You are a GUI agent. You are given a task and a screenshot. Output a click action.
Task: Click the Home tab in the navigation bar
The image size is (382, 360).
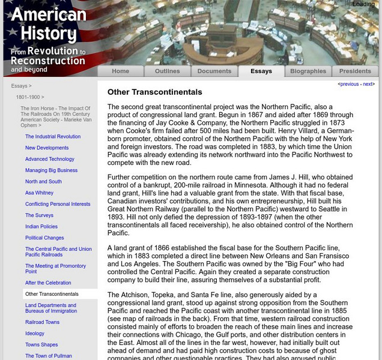point(120,71)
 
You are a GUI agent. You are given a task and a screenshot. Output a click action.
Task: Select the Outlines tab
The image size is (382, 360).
point(167,71)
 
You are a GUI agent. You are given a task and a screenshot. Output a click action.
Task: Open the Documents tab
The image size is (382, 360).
point(214,71)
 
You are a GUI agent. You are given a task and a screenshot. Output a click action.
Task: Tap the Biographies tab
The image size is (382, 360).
point(308,71)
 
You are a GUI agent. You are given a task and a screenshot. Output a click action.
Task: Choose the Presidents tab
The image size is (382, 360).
point(355,71)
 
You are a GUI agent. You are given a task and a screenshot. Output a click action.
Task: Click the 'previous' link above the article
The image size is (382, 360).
point(349,85)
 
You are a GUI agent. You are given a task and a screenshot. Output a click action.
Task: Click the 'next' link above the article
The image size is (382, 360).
point(368,85)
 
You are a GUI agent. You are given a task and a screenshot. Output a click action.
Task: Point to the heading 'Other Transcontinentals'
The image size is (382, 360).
point(154,92)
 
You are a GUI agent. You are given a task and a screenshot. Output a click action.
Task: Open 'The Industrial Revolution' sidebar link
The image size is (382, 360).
point(53,137)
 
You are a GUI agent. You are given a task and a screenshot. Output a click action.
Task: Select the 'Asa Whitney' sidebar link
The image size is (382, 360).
point(39,193)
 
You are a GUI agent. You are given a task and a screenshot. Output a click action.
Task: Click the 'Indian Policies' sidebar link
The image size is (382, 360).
point(42,227)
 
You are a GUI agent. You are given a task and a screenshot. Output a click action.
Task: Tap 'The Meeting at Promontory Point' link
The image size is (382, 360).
point(55,268)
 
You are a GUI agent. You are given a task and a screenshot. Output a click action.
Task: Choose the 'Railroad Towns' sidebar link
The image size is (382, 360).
point(42,322)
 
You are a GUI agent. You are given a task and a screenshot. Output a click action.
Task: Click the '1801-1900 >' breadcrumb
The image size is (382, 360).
point(30,97)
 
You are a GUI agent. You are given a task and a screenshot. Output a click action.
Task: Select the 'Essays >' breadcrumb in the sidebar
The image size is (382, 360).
point(22,86)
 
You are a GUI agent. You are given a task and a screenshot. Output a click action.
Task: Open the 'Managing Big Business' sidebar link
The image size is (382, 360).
point(51,170)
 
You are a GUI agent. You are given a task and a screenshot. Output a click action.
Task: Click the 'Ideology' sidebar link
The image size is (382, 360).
point(35,334)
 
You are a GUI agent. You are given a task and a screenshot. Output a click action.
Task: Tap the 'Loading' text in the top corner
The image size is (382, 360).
point(363,4)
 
